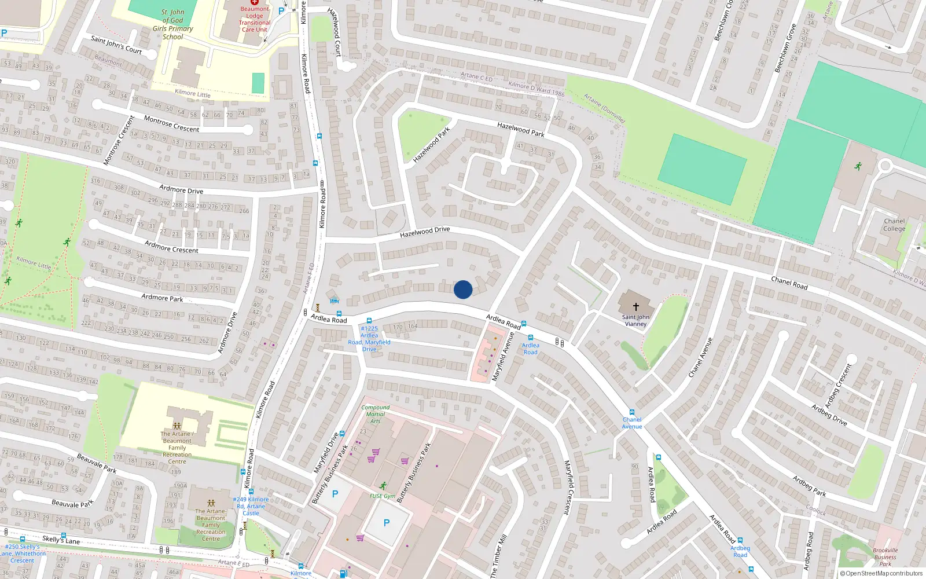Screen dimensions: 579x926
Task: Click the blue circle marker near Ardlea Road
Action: click(x=463, y=289)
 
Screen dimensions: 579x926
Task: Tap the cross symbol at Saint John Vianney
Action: click(x=635, y=306)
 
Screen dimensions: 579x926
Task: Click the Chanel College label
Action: click(x=894, y=225)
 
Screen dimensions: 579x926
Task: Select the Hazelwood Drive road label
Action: click(x=425, y=232)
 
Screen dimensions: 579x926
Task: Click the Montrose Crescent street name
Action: click(x=171, y=124)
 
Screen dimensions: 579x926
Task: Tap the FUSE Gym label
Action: click(x=383, y=496)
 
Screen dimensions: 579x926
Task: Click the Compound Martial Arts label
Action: click(x=375, y=414)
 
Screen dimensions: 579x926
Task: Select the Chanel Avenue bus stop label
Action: click(x=632, y=423)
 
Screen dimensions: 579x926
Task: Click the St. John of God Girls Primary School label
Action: click(x=172, y=24)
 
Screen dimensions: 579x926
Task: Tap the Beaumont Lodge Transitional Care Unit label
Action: click(x=255, y=19)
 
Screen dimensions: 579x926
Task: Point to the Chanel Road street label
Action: click(x=789, y=283)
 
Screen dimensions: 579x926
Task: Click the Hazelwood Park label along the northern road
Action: click(x=520, y=129)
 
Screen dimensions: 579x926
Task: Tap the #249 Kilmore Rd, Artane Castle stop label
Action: click(x=251, y=505)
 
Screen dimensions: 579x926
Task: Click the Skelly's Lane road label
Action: click(x=61, y=540)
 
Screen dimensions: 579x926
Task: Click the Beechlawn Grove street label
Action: click(x=785, y=49)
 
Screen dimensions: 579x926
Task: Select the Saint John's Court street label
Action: click(x=116, y=45)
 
